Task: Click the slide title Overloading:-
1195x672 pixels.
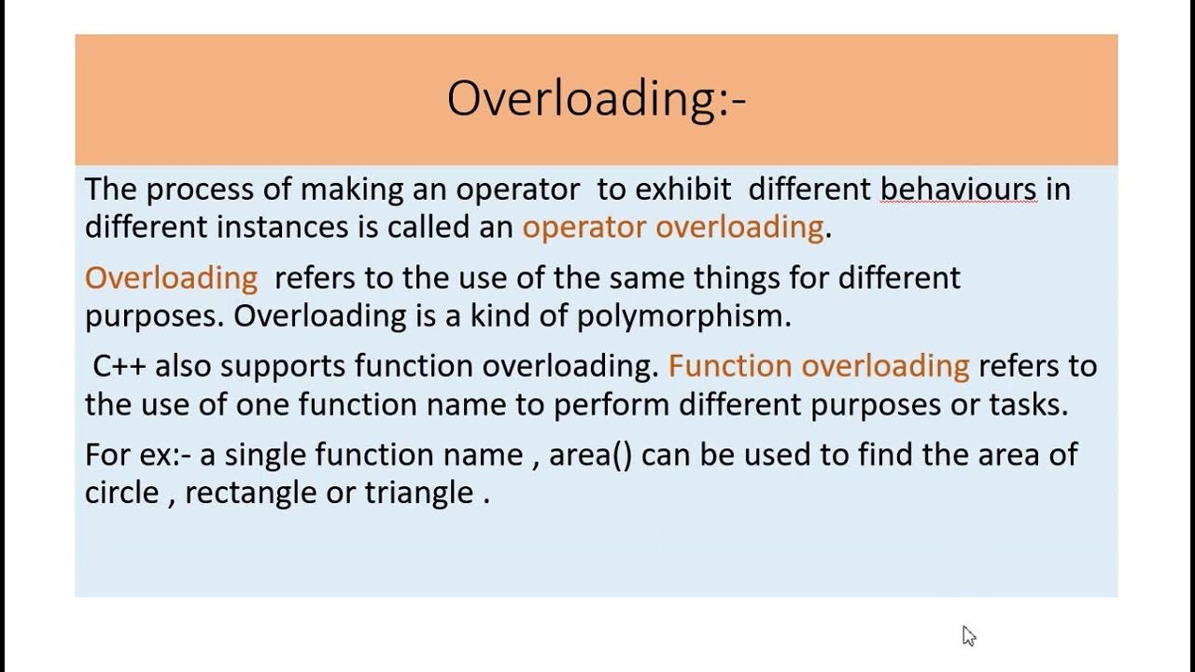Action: (x=597, y=99)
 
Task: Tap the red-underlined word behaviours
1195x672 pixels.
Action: (x=958, y=189)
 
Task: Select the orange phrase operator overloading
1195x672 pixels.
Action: (x=672, y=227)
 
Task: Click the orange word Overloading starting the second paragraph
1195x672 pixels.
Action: (x=171, y=278)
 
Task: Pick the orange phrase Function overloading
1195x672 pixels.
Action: (x=819, y=366)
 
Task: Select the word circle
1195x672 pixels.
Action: (x=121, y=493)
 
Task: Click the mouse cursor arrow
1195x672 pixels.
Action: (x=968, y=636)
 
